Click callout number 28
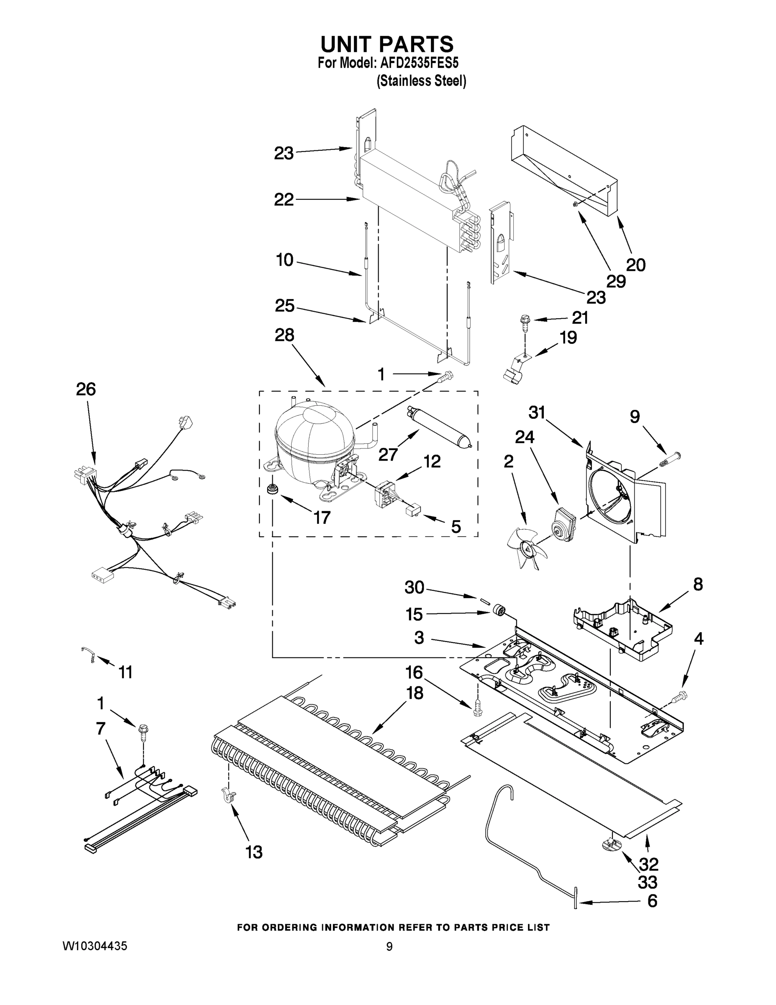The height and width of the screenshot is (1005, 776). tap(284, 335)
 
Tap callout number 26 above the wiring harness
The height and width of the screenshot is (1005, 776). tap(86, 389)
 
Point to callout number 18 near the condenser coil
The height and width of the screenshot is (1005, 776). tap(415, 693)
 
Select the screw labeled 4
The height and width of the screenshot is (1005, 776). tap(679, 698)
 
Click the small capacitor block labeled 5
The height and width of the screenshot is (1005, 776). tap(413, 511)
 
